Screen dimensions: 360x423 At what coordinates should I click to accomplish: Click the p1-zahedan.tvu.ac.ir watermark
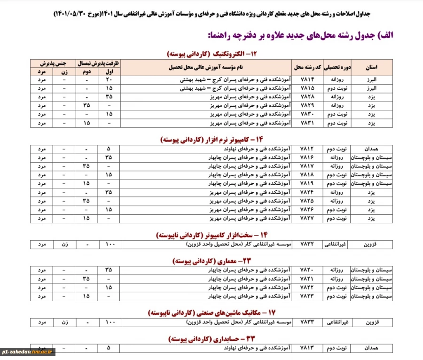[x=28, y=351]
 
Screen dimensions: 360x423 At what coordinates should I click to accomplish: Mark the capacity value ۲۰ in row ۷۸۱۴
[x=109, y=80]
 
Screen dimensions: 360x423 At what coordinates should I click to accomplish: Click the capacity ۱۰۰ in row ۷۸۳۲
[x=109, y=245]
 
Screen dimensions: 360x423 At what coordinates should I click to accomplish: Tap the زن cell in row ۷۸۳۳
[x=64, y=322]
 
